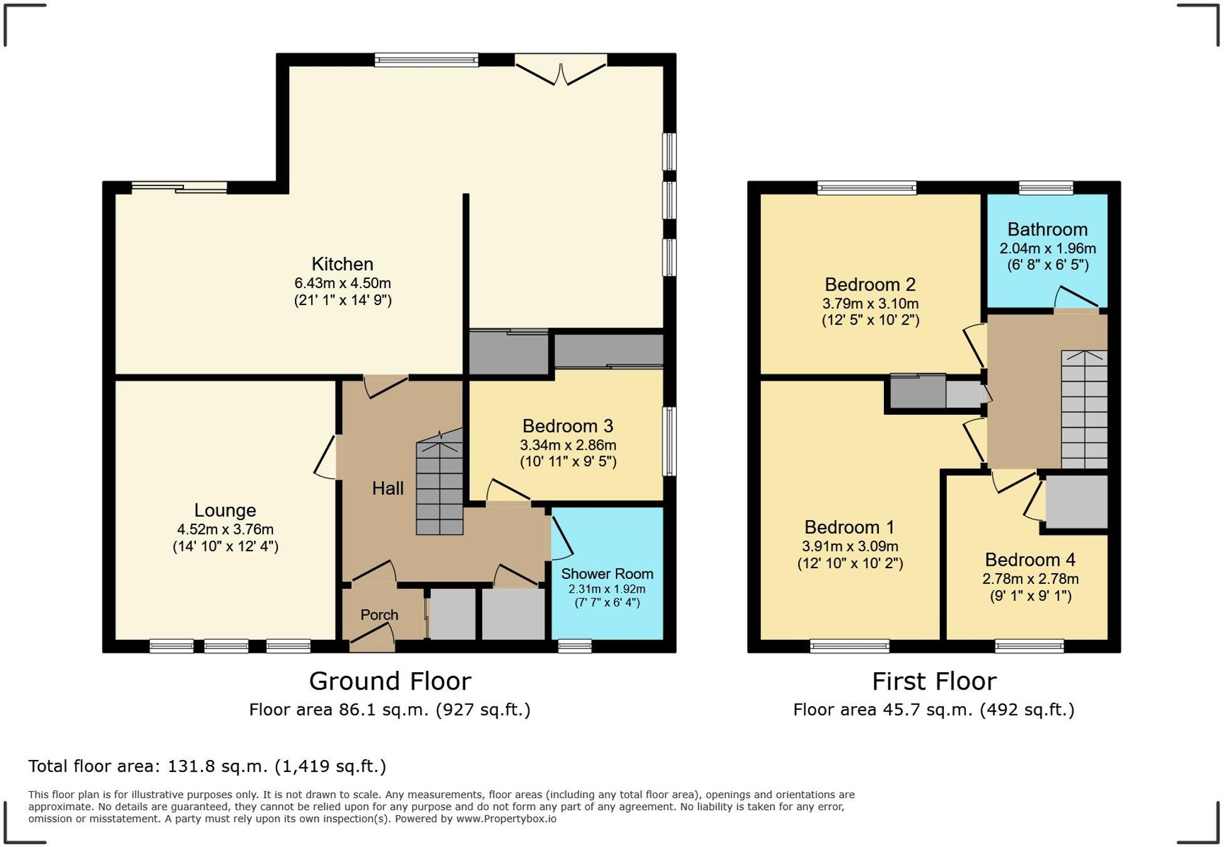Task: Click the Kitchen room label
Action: click(x=342, y=264)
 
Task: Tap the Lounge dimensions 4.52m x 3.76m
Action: click(x=225, y=529)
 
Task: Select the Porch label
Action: click(x=379, y=615)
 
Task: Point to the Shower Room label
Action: click(x=607, y=573)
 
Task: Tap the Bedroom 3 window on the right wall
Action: click(x=669, y=441)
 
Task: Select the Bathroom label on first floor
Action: click(x=1047, y=229)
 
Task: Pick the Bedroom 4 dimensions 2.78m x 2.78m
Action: click(x=1030, y=579)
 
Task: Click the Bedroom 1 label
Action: click(x=849, y=527)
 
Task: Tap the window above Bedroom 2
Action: click(x=866, y=187)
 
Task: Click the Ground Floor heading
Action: click(x=389, y=681)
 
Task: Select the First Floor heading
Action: click(x=933, y=681)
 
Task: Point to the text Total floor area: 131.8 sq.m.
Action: click(x=207, y=766)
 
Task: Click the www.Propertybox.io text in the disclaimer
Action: click(x=505, y=819)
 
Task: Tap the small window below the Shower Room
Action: click(x=574, y=646)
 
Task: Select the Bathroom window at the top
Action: click(x=1045, y=187)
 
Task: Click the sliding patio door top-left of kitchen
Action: click(x=179, y=187)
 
